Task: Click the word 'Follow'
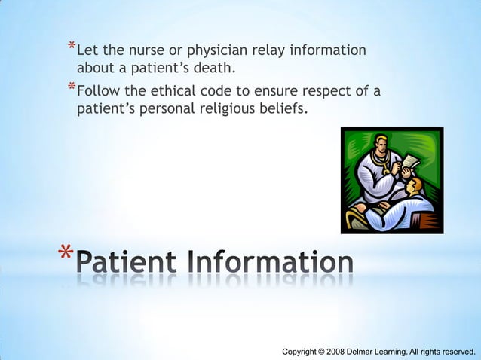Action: [x=99, y=92]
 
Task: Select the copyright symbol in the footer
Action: [x=320, y=352]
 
